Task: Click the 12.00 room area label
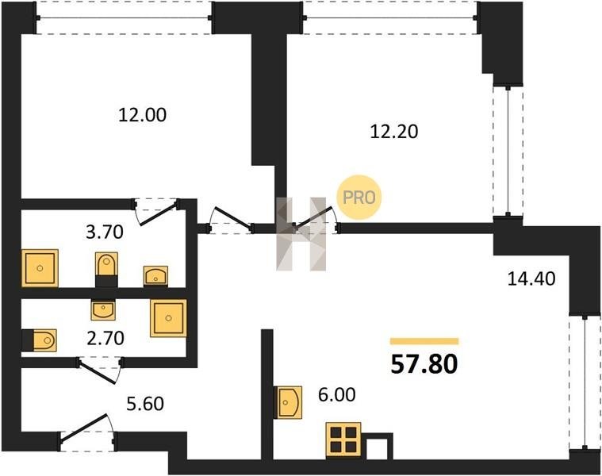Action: tap(142, 115)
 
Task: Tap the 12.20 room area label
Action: tap(394, 132)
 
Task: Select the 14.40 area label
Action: tap(531, 278)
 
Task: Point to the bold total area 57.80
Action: tap(424, 364)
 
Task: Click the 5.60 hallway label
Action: tap(145, 404)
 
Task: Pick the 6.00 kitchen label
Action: tap(337, 394)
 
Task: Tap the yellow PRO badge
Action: tap(359, 198)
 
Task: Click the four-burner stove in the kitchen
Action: tap(343, 440)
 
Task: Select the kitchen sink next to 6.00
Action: tap(288, 402)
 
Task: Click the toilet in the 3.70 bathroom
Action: tap(106, 269)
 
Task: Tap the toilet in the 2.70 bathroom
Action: tap(39, 340)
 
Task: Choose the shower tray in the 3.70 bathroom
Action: tap(40, 268)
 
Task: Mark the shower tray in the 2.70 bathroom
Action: tap(169, 318)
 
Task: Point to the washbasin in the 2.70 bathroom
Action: tap(103, 309)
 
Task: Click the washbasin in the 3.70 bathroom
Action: tap(155, 276)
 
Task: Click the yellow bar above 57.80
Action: tap(424, 341)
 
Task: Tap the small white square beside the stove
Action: tap(378, 449)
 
